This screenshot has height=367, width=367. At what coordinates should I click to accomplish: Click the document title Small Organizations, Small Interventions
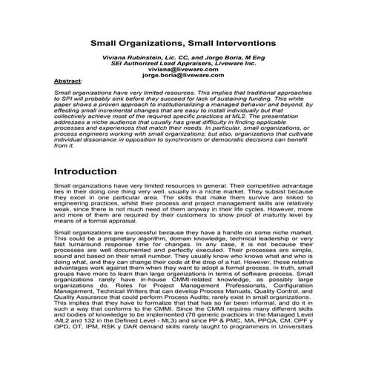(183, 43)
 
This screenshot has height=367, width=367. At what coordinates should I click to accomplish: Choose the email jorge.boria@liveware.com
(183, 75)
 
